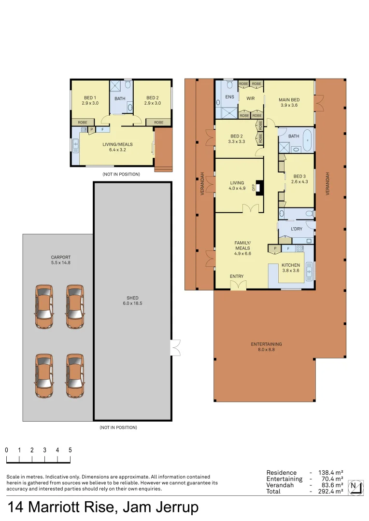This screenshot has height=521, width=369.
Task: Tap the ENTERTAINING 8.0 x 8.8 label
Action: click(x=266, y=347)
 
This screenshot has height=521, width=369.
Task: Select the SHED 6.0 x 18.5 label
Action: click(x=132, y=301)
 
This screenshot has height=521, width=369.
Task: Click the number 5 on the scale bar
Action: click(x=70, y=450)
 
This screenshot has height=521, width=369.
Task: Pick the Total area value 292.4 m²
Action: click(x=330, y=491)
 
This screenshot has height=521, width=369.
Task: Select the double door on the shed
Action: click(x=175, y=347)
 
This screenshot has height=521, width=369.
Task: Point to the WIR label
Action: click(x=250, y=98)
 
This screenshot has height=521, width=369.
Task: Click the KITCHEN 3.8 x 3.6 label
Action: click(x=291, y=268)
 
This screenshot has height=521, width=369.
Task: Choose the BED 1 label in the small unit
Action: click(x=90, y=100)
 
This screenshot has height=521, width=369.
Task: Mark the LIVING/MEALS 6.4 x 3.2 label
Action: click(x=117, y=147)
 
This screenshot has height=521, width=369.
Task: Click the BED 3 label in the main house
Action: click(x=298, y=179)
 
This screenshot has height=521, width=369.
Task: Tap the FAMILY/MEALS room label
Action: click(x=242, y=248)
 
